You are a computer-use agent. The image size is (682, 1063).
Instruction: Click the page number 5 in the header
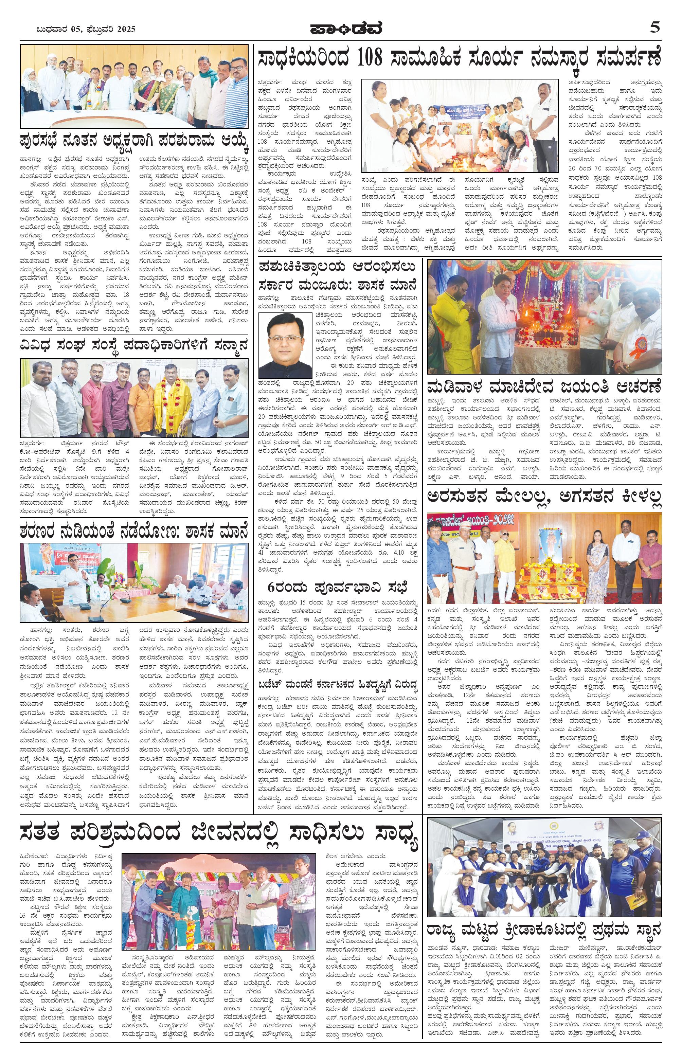[x=654, y=28]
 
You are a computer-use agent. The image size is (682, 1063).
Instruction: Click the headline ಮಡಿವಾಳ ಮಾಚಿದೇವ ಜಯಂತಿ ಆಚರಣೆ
[x=544, y=388]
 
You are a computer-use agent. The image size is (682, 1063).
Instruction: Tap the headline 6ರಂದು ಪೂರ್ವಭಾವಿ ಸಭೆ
[x=338, y=588]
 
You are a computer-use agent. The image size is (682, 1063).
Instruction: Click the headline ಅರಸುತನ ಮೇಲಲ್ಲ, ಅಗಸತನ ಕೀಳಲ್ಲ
[x=544, y=497]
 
